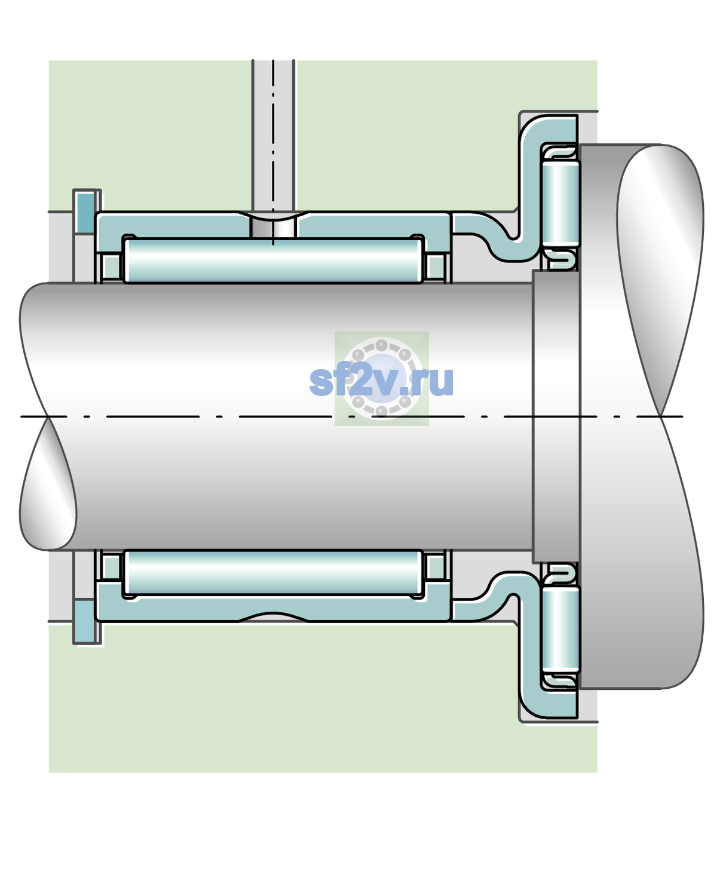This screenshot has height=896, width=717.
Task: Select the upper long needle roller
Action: click(x=273, y=260)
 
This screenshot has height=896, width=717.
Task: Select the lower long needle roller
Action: click(x=273, y=572)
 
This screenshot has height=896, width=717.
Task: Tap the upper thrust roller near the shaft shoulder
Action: click(x=560, y=203)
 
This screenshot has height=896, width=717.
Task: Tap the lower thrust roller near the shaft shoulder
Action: click(x=560, y=629)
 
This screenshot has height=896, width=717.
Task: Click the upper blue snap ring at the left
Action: click(x=85, y=212)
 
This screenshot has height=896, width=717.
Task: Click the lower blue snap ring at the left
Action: click(x=85, y=622)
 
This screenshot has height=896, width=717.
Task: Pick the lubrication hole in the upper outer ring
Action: click(x=273, y=228)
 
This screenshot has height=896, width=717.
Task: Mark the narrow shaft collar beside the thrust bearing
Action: click(x=556, y=416)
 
